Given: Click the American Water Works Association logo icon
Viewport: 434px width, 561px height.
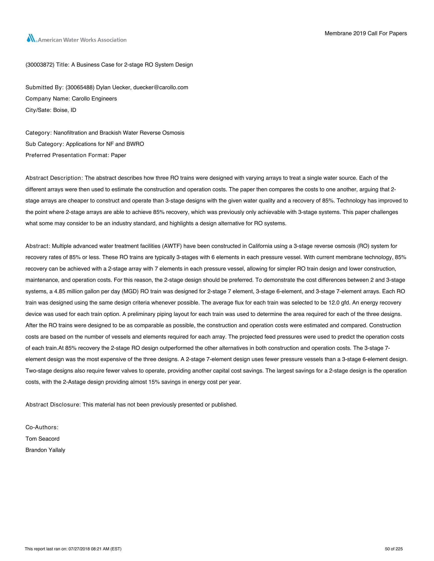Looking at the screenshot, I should coord(31,39).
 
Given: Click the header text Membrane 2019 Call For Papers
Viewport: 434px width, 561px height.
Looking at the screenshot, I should coord(366,33).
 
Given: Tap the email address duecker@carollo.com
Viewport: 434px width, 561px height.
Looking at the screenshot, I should coord(161,87).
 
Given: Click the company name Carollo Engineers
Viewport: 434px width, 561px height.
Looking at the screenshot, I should coord(94,99).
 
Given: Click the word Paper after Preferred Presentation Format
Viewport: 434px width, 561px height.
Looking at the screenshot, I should coord(118,155).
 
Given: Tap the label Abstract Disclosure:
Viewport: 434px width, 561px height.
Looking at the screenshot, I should coord(53,405).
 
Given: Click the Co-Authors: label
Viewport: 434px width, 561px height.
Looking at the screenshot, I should coord(42,427).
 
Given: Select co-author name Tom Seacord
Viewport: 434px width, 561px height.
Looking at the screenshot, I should coord(42,439).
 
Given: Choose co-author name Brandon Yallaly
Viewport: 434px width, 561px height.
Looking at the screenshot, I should coord(45,450).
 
